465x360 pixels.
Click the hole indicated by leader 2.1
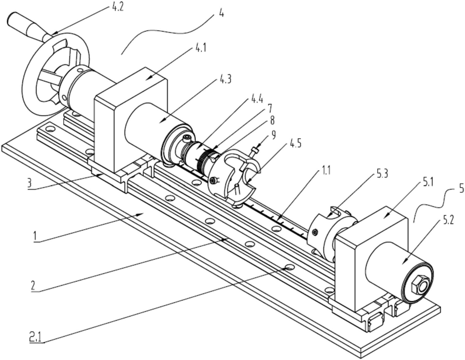point(290,267)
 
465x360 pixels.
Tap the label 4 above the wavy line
point(221,14)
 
